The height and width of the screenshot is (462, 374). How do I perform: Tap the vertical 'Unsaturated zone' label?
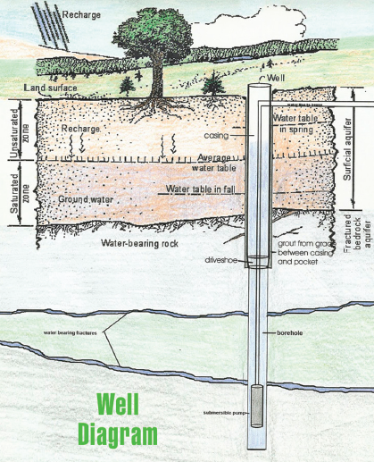[12, 129]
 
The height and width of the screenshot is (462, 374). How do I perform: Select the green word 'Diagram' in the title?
[117, 434]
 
